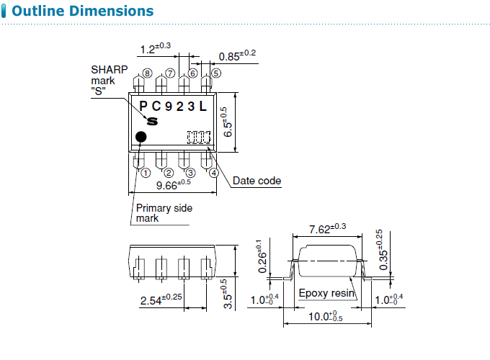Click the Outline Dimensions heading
(83, 12)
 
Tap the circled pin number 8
(147, 73)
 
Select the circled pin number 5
(215, 73)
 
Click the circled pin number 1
(146, 173)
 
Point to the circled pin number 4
(213, 173)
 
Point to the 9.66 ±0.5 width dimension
(173, 184)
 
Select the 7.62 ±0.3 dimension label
(327, 229)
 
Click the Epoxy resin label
(326, 293)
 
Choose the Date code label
(257, 181)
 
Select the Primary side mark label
(164, 213)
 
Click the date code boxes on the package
(199, 136)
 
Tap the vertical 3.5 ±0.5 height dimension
(227, 294)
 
